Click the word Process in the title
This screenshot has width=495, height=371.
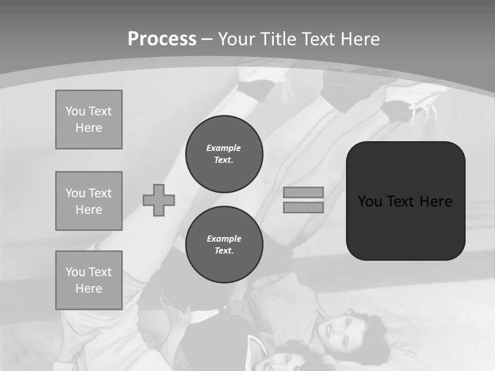pyautogui.click(x=162, y=39)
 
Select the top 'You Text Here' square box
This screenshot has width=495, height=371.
pyautogui.click(x=89, y=120)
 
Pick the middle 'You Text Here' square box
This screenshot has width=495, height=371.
pyautogui.click(x=89, y=201)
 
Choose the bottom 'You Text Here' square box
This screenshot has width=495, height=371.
pyautogui.click(x=89, y=280)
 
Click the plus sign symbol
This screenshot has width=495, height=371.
pyautogui.click(x=159, y=200)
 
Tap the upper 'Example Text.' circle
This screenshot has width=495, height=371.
pyautogui.click(x=224, y=154)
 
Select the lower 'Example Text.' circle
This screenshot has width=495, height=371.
pyautogui.click(x=224, y=245)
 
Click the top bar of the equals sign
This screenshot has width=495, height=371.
pyautogui.click(x=303, y=193)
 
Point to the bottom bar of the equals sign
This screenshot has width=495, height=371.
pyautogui.click(x=303, y=207)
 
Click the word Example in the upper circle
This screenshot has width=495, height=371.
pyautogui.click(x=224, y=148)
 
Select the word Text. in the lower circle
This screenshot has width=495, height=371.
pyautogui.click(x=224, y=251)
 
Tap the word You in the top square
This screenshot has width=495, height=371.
pyautogui.click(x=75, y=111)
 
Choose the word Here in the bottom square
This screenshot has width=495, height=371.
pyautogui.click(x=89, y=289)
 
